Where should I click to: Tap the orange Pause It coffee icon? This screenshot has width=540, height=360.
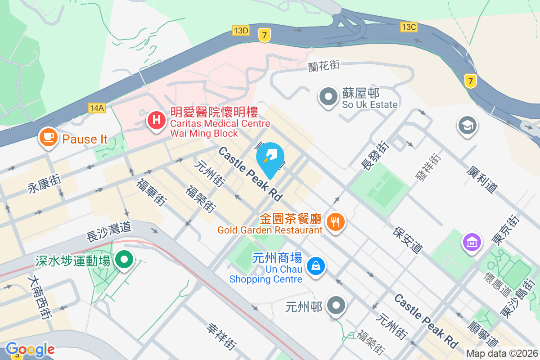[x=49, y=137]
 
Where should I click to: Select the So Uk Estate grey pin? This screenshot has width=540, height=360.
[x=328, y=96]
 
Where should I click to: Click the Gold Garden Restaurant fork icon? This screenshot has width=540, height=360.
[x=334, y=221]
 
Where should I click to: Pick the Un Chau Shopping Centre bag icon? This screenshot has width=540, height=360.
[x=316, y=265]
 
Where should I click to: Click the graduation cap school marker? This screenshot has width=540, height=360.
[x=467, y=125]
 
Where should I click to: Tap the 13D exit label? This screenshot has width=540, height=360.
[x=241, y=30]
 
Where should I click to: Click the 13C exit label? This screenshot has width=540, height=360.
[x=409, y=27]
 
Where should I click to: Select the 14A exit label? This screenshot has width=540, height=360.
[x=97, y=108]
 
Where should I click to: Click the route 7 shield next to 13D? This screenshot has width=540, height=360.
[x=264, y=35]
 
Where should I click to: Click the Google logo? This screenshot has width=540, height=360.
[x=30, y=349]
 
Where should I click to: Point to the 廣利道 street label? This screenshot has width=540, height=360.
[x=482, y=179]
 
